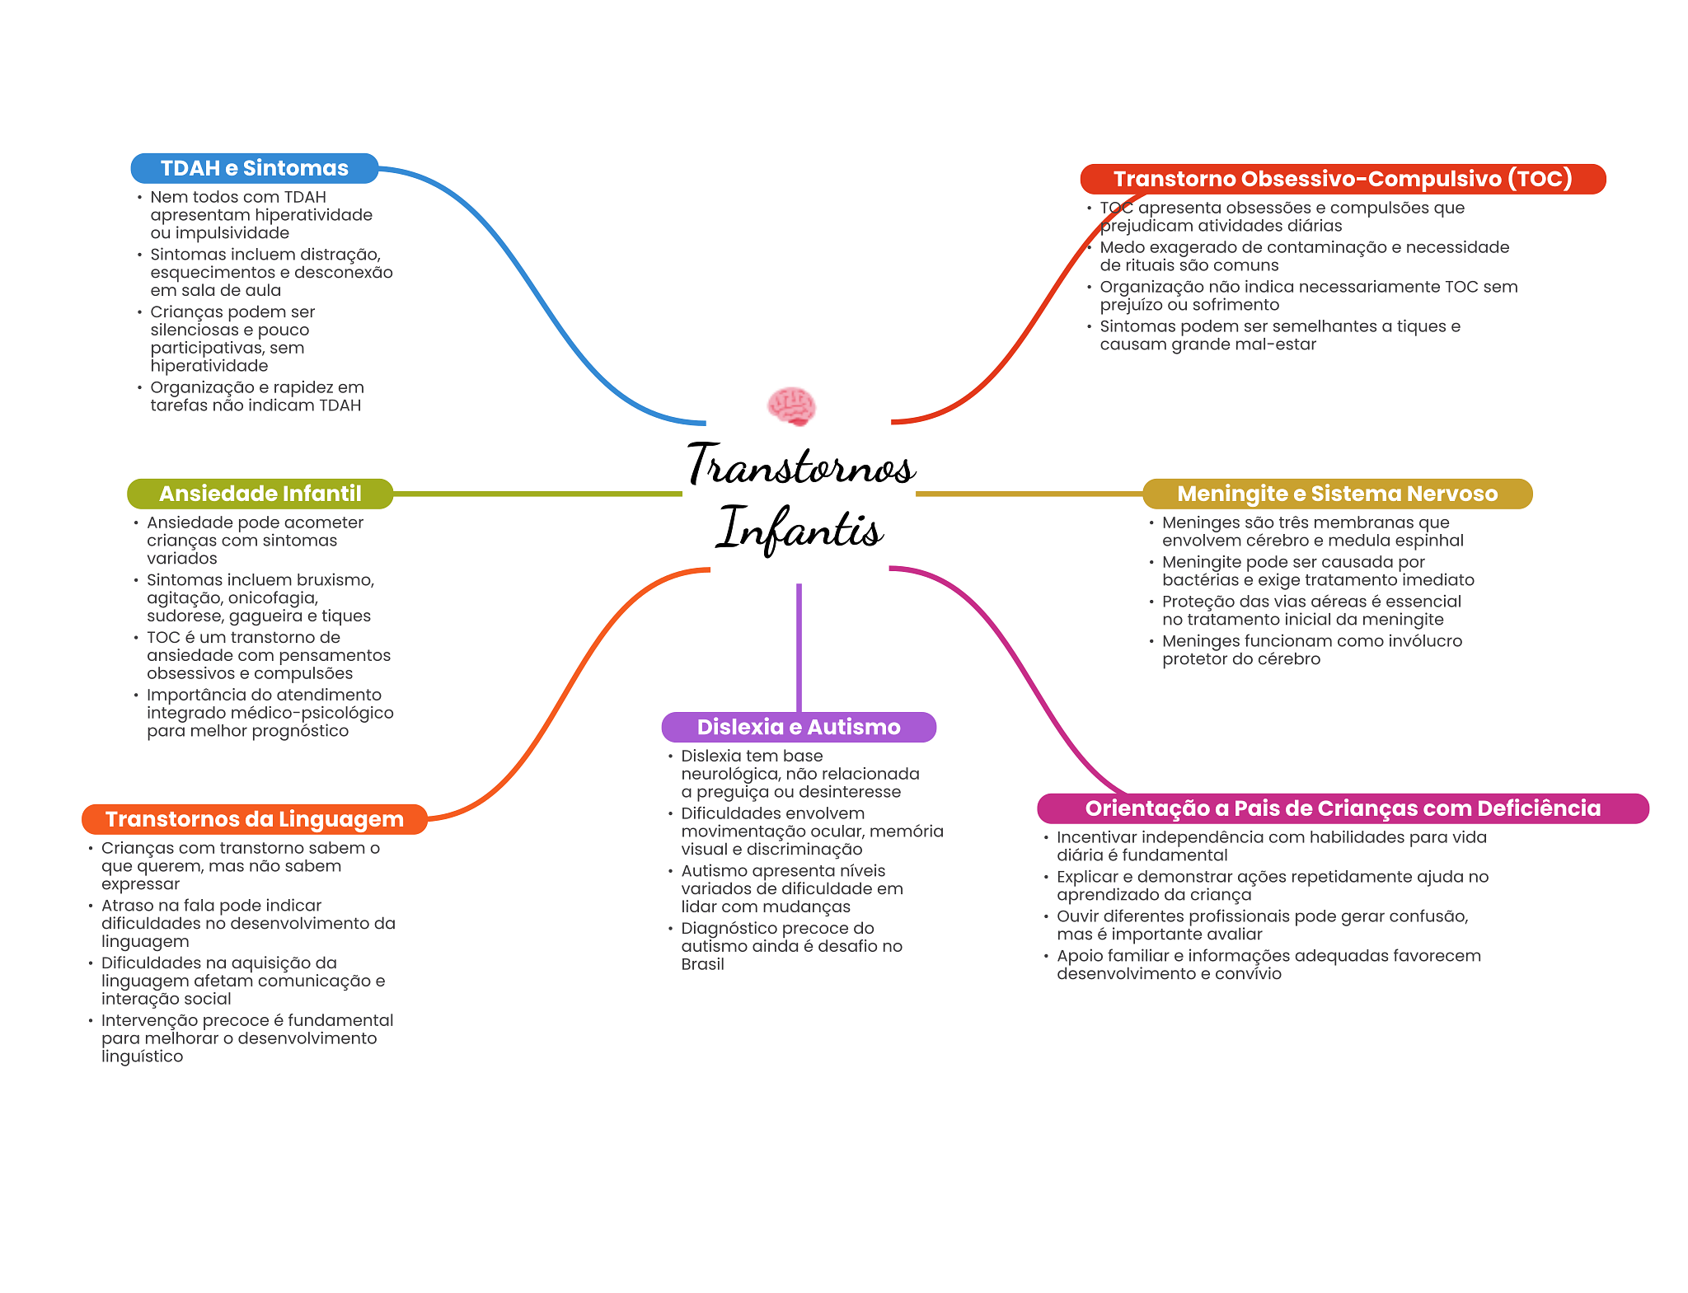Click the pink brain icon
point(791,406)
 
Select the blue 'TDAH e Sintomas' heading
point(254,168)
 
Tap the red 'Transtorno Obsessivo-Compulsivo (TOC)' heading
point(1342,179)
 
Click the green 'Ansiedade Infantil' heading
point(260,494)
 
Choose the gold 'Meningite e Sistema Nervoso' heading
point(1336,494)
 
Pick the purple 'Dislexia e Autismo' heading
point(798,727)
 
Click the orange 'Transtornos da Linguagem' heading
point(254,819)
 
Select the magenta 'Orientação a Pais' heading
point(1342,808)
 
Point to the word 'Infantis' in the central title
point(799,529)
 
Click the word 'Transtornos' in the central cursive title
point(801,466)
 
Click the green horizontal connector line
point(536,494)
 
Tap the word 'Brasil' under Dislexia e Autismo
point(702,964)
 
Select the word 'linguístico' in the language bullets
point(142,1056)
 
